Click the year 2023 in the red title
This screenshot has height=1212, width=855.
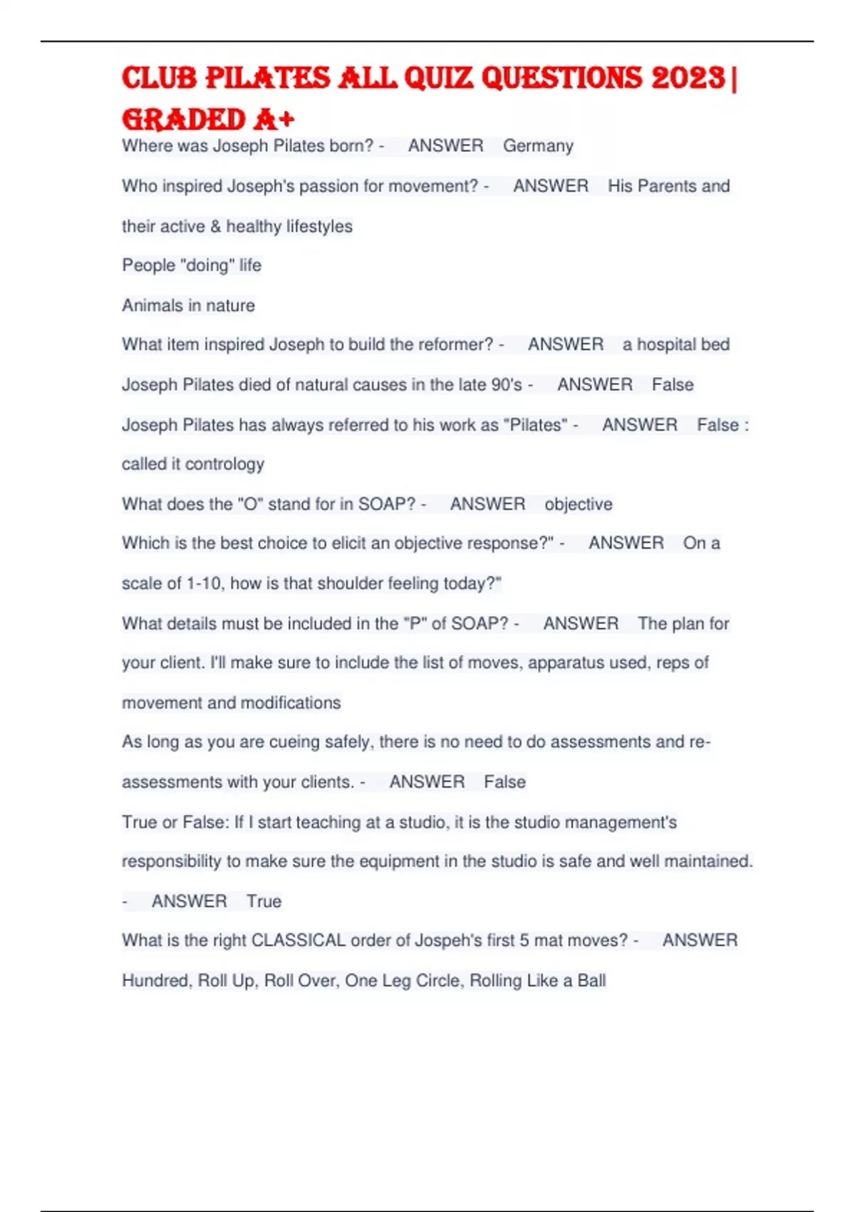tap(688, 78)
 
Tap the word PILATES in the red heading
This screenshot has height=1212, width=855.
tap(267, 78)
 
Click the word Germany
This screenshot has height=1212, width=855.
tap(538, 146)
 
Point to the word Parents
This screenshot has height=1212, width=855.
tap(667, 186)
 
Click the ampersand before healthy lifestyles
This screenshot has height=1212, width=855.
tap(216, 227)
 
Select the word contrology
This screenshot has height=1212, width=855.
tap(224, 464)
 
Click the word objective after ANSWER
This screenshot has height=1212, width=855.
tap(579, 505)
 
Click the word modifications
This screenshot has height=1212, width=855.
tap(291, 703)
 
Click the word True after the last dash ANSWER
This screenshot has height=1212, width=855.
tap(264, 902)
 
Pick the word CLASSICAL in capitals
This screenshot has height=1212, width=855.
tap(299, 941)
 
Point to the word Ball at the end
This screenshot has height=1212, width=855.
tap(591, 981)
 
